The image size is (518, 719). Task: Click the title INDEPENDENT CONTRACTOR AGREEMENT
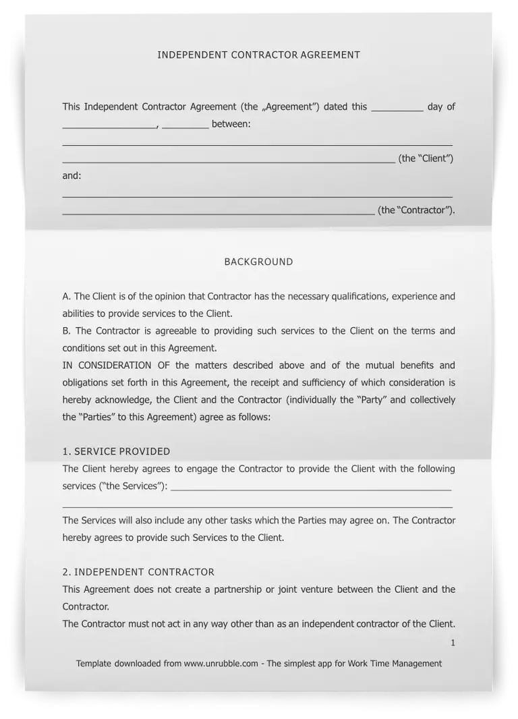click(x=258, y=55)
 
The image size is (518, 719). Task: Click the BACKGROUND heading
click(x=258, y=262)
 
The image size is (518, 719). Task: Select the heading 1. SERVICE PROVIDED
click(x=116, y=451)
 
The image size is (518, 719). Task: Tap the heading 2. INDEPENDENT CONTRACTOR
click(x=138, y=572)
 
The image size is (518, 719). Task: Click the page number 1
click(x=453, y=643)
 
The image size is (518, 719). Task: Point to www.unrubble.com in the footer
click(x=221, y=663)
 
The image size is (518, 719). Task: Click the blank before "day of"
click(x=397, y=108)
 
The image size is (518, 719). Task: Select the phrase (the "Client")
click(x=426, y=159)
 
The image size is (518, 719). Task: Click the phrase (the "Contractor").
click(x=416, y=210)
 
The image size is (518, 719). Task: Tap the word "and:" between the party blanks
click(x=72, y=175)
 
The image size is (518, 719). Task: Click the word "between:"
click(x=231, y=124)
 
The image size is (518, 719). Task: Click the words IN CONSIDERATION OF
click(x=107, y=365)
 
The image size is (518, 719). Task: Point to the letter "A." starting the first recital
click(x=67, y=296)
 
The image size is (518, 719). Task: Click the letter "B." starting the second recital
click(x=67, y=330)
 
